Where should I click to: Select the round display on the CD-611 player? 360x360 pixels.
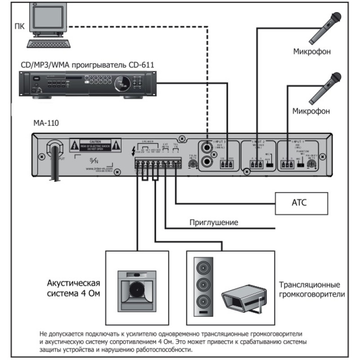pos(120,82)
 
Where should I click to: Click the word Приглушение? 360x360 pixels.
pos(214,222)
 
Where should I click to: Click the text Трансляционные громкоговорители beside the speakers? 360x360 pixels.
pos(311,290)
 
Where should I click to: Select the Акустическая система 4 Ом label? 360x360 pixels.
pos(73,288)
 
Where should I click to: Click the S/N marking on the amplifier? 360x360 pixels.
pos(94,161)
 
